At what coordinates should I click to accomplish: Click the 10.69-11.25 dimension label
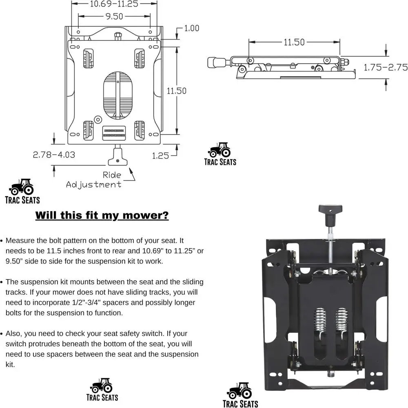pos(114,4)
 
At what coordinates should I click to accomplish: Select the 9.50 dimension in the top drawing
pos(114,17)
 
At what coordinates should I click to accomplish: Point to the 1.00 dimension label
pos(191,28)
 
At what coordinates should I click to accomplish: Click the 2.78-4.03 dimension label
pos(54,155)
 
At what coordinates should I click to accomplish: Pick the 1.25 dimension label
pos(160,155)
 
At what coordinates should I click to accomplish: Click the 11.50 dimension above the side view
pos(294,42)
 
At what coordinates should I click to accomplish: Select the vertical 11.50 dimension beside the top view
pos(176,91)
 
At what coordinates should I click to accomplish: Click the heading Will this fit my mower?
pos(102,215)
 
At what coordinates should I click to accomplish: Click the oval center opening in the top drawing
pos(118,96)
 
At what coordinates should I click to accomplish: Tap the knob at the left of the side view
pos(215,62)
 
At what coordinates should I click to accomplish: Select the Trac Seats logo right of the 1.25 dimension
pos(220,153)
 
